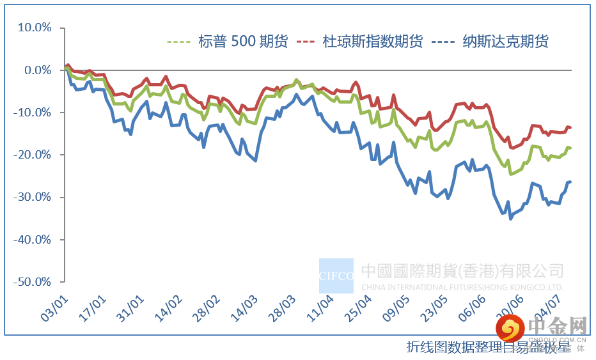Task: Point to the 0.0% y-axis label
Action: point(36,70)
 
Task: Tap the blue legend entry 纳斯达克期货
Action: point(505,42)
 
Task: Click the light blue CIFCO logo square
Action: point(336,276)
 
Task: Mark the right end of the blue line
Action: point(570,182)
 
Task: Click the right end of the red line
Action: point(570,128)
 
